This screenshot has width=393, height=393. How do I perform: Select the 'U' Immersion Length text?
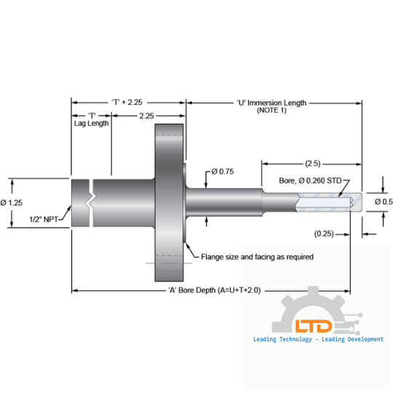tap(271, 103)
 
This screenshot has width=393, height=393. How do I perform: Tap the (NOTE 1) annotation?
tap(272, 111)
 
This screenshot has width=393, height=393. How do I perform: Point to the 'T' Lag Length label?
tap(91, 119)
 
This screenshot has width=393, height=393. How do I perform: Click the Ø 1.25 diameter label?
tap(14, 202)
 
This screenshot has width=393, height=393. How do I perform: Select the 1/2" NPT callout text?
tap(45, 218)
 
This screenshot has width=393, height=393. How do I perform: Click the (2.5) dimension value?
tap(313, 163)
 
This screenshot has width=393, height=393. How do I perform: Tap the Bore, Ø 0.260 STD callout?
tap(310, 180)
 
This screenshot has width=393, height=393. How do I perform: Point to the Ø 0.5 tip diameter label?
tap(383, 202)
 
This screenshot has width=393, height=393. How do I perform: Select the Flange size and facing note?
tap(247, 257)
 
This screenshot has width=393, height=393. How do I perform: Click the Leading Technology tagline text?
tap(318, 339)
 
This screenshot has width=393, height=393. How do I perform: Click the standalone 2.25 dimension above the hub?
tap(146, 116)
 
